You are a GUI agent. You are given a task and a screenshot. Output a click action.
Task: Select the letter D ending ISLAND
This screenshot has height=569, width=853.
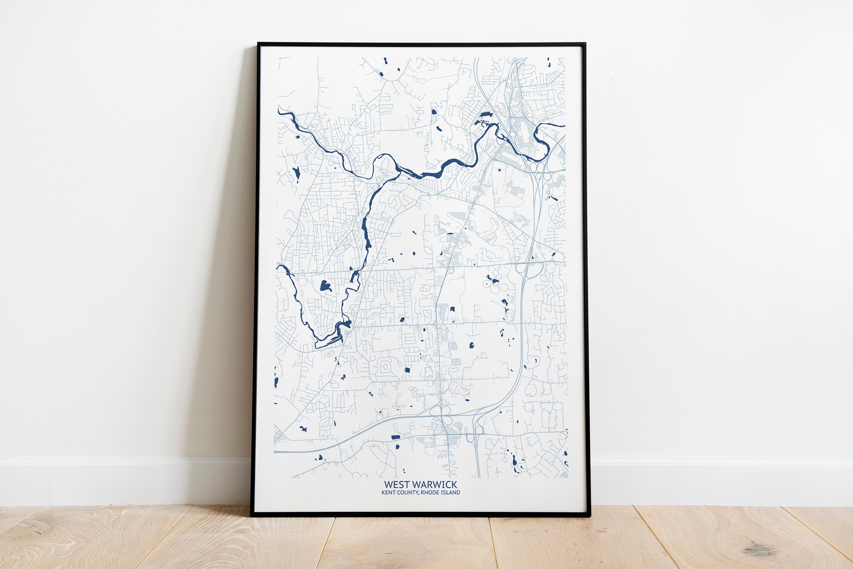pyautogui.click(x=458, y=493)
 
